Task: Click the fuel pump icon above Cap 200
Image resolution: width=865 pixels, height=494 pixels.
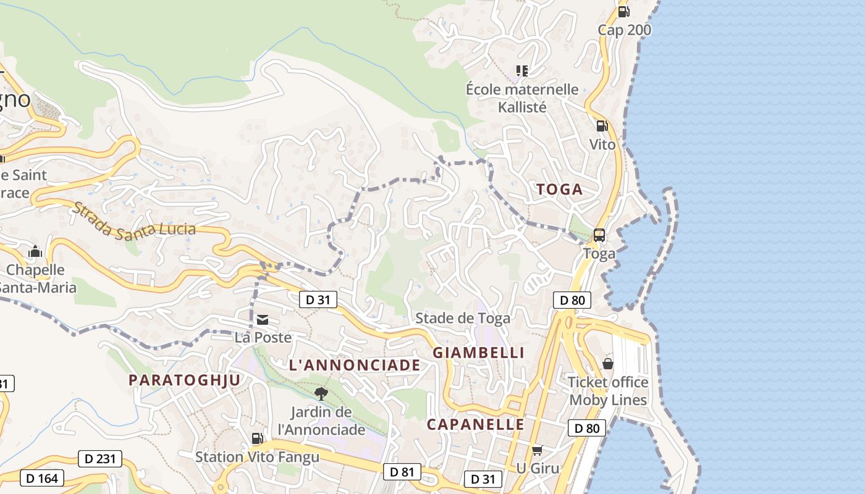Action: point(623,11)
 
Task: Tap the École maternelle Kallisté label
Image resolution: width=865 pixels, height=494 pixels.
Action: point(522,98)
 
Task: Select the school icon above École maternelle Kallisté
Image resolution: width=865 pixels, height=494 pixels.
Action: point(522,71)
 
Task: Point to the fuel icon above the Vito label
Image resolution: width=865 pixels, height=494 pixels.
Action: point(602,126)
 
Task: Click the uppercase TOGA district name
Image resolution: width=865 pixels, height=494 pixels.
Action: point(560,190)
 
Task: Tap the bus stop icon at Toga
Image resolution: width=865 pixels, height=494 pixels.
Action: point(599,235)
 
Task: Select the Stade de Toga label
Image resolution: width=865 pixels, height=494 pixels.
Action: point(463,318)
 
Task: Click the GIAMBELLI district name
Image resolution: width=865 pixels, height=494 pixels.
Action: point(479,353)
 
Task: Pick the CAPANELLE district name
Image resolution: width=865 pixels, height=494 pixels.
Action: point(476,425)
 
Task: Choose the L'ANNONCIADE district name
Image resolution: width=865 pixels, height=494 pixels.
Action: point(355,366)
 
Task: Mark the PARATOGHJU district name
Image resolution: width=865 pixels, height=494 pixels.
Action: point(184,380)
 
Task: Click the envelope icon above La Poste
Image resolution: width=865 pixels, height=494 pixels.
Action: point(263,319)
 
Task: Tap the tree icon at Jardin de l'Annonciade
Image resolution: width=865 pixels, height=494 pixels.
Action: point(321,393)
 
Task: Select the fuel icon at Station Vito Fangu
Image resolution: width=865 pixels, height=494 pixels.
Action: point(257,438)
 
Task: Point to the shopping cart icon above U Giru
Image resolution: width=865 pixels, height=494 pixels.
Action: point(538,450)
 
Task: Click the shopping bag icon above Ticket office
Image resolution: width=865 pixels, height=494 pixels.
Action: point(608,364)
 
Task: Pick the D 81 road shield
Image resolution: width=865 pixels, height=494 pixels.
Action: point(402,472)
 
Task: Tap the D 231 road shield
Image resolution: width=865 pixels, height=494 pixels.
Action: point(100,459)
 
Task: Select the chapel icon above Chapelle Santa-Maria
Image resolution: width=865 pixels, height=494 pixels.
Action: point(35,252)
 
